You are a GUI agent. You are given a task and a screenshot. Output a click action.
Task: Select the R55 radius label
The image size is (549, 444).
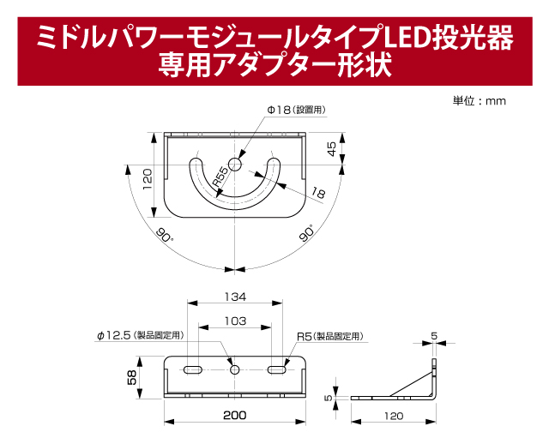(220, 177)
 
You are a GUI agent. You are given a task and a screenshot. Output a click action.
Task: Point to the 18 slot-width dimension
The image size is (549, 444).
(319, 194)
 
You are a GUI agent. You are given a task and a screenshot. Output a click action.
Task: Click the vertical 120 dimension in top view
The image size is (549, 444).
(148, 178)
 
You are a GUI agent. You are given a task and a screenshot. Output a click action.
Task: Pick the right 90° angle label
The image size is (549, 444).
(306, 234)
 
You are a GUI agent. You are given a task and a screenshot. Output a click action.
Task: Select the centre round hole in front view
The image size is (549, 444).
(234, 369)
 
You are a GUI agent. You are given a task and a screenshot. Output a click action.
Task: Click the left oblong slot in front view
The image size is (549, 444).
(192, 369)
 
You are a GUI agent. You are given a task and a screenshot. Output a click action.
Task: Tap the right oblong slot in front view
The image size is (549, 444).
(276, 369)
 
